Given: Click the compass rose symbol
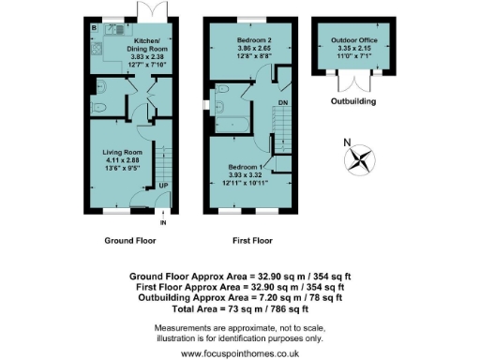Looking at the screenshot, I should (x=358, y=159).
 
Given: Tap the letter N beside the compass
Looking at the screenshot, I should (x=347, y=143).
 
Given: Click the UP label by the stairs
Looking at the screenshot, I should (x=163, y=186).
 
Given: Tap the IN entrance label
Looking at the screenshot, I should (x=162, y=223).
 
